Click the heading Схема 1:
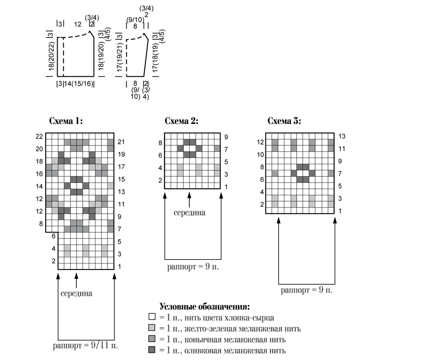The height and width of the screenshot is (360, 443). point(66,121)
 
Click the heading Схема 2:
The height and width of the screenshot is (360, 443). point(181,121)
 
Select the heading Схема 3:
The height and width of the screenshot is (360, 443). point(284,121)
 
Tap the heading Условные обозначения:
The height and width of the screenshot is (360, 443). point(204,307)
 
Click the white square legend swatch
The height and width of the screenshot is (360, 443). point(152,317)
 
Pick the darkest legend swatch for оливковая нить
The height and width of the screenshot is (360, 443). point(152,350)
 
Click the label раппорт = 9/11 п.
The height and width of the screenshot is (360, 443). point(85,346)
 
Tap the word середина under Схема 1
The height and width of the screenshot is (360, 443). point(76,294)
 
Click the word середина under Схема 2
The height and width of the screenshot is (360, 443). point(189,212)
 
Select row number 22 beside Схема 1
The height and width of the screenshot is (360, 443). point(39,137)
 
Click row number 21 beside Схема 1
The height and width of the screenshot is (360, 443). point(121,142)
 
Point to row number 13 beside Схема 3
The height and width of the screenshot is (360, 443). point(342,136)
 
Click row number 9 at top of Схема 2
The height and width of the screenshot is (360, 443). point(226,137)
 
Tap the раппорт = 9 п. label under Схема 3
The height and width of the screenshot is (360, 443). point(306,290)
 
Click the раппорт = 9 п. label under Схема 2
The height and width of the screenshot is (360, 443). point(193,267)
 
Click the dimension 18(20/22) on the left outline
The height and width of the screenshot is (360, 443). point(51,56)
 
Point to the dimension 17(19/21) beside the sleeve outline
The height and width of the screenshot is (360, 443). point(120,57)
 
